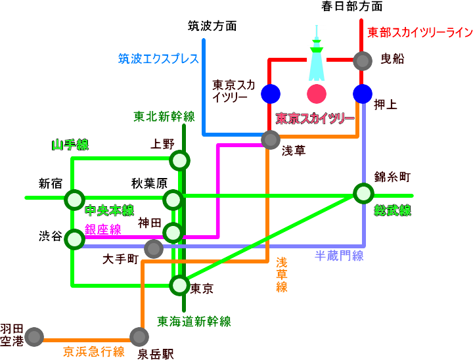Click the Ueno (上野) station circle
point(179,160)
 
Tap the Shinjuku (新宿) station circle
point(74,198)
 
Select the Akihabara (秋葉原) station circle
point(173,199)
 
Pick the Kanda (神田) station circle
point(173,232)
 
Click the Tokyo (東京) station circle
point(179,285)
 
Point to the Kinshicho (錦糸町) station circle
point(363,193)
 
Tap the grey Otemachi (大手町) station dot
point(153,248)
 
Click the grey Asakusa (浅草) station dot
point(271,139)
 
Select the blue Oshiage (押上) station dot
point(363,94)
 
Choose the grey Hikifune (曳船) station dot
point(363,60)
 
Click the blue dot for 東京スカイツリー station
point(270,94)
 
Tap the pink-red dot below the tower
point(317,94)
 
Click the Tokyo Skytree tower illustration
point(317,56)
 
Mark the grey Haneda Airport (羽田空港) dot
point(35,336)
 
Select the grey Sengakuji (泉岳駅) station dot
point(139,336)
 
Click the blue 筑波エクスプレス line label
point(158,58)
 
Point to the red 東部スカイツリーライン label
point(419,32)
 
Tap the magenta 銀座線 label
point(103,229)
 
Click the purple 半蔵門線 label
point(340,256)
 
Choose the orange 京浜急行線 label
point(93,351)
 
